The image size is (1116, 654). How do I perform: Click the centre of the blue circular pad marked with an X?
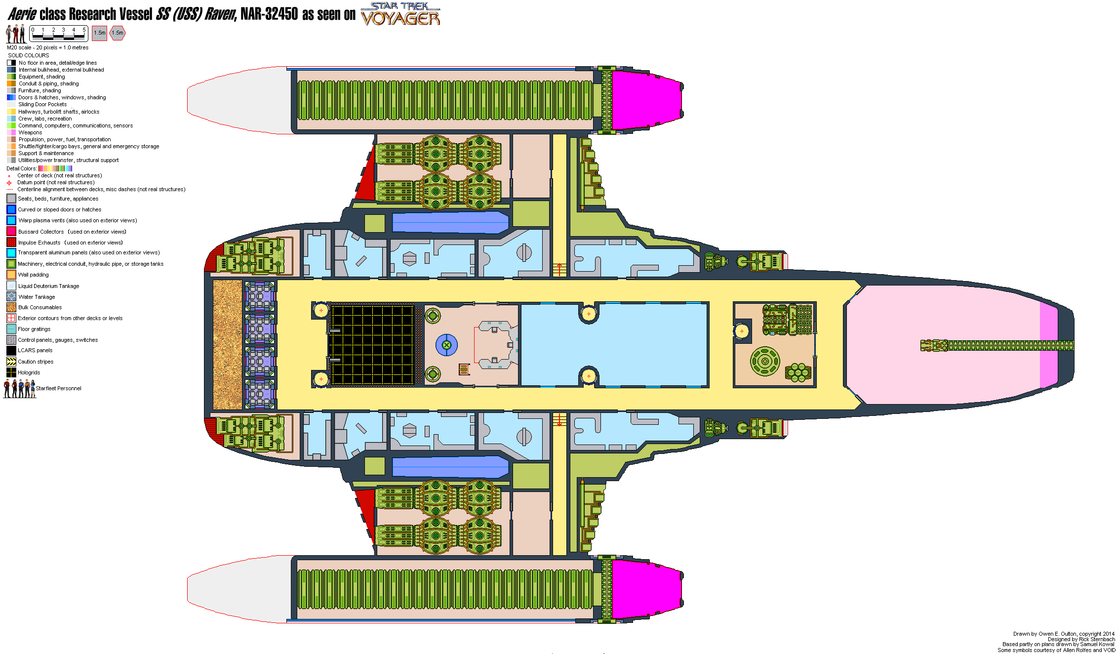click(446, 345)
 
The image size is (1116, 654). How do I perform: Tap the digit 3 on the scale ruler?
click(63, 30)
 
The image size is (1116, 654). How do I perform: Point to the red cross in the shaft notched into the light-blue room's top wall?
click(589, 314)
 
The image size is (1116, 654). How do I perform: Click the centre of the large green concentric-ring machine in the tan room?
click(765, 361)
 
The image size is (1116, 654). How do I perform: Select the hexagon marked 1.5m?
click(118, 33)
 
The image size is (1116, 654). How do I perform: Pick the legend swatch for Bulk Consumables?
click(11, 307)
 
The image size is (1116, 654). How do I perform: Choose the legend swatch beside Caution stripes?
click(11, 362)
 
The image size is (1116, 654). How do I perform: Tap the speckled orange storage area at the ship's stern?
click(228, 345)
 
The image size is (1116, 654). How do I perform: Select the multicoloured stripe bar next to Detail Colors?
click(55, 168)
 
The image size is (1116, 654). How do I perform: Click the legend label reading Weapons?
click(30, 132)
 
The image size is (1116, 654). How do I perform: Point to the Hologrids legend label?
click(29, 372)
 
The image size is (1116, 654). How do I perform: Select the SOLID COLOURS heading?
click(29, 55)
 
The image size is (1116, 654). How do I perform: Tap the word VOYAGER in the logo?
click(400, 19)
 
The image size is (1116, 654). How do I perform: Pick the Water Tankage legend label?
click(37, 297)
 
